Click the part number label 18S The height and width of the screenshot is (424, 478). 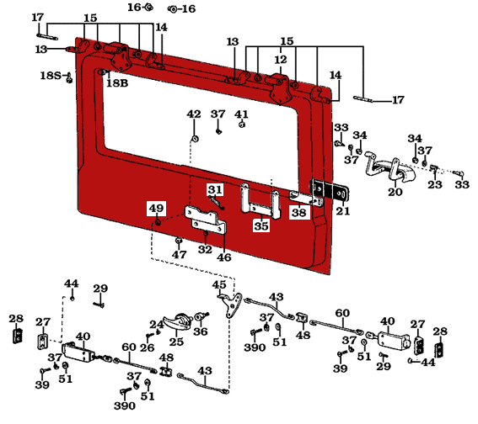[x=49, y=76]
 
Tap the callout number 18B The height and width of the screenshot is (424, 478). [x=118, y=82]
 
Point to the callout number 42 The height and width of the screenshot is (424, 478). [x=194, y=114]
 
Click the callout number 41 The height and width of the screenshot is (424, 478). [x=242, y=114]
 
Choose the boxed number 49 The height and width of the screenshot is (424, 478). [x=157, y=209]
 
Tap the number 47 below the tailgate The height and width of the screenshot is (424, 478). [x=179, y=254]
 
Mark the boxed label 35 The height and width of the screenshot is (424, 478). [x=260, y=225]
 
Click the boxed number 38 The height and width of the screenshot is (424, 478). [x=298, y=214]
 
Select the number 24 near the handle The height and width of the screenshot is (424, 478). [x=156, y=324]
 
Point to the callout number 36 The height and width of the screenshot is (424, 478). [x=200, y=331]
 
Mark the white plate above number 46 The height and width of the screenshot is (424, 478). [x=206, y=220]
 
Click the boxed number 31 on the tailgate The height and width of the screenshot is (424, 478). [x=215, y=189]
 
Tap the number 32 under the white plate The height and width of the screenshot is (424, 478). [x=205, y=249]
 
